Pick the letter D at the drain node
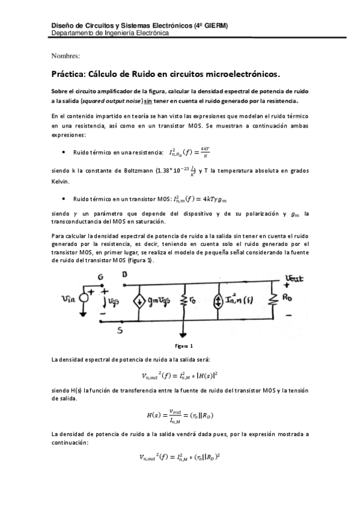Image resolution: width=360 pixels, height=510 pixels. click(x=124, y=275)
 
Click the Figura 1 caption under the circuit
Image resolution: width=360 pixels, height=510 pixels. click(x=184, y=346)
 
